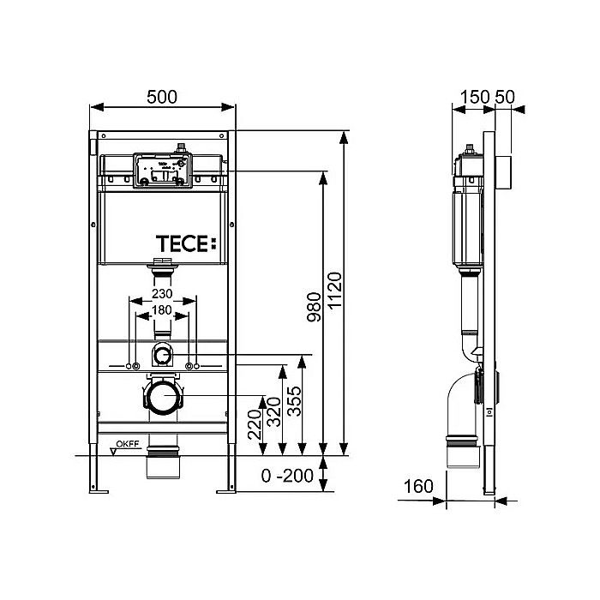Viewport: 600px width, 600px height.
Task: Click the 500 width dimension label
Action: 162,97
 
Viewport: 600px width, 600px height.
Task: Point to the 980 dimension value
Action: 314,313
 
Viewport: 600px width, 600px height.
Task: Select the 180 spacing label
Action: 163,309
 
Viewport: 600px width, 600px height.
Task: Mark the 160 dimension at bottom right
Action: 419,487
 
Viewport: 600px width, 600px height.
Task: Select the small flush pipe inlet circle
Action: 163,355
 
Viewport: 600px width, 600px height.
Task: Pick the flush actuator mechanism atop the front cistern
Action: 163,169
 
